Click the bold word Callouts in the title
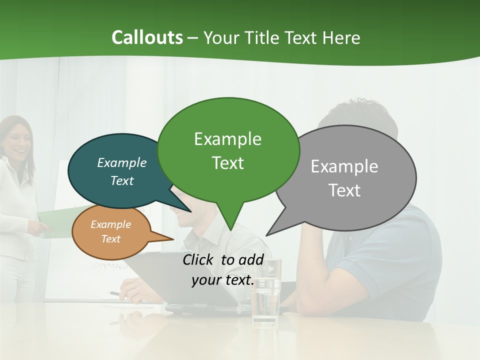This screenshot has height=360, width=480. (147, 37)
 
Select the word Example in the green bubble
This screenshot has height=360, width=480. (227, 139)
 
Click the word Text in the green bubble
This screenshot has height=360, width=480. (227, 163)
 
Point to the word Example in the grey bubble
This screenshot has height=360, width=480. (344, 166)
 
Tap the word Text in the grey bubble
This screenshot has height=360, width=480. (344, 190)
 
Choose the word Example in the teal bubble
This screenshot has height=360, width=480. (121, 163)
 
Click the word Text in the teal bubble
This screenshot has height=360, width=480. (121, 180)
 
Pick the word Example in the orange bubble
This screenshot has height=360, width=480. (110, 224)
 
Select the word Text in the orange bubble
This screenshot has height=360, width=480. (110, 239)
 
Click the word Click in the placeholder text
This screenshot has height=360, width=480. (199, 260)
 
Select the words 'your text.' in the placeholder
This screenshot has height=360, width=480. (222, 280)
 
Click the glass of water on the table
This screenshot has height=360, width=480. (265, 295)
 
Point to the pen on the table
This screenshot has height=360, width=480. (115, 293)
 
